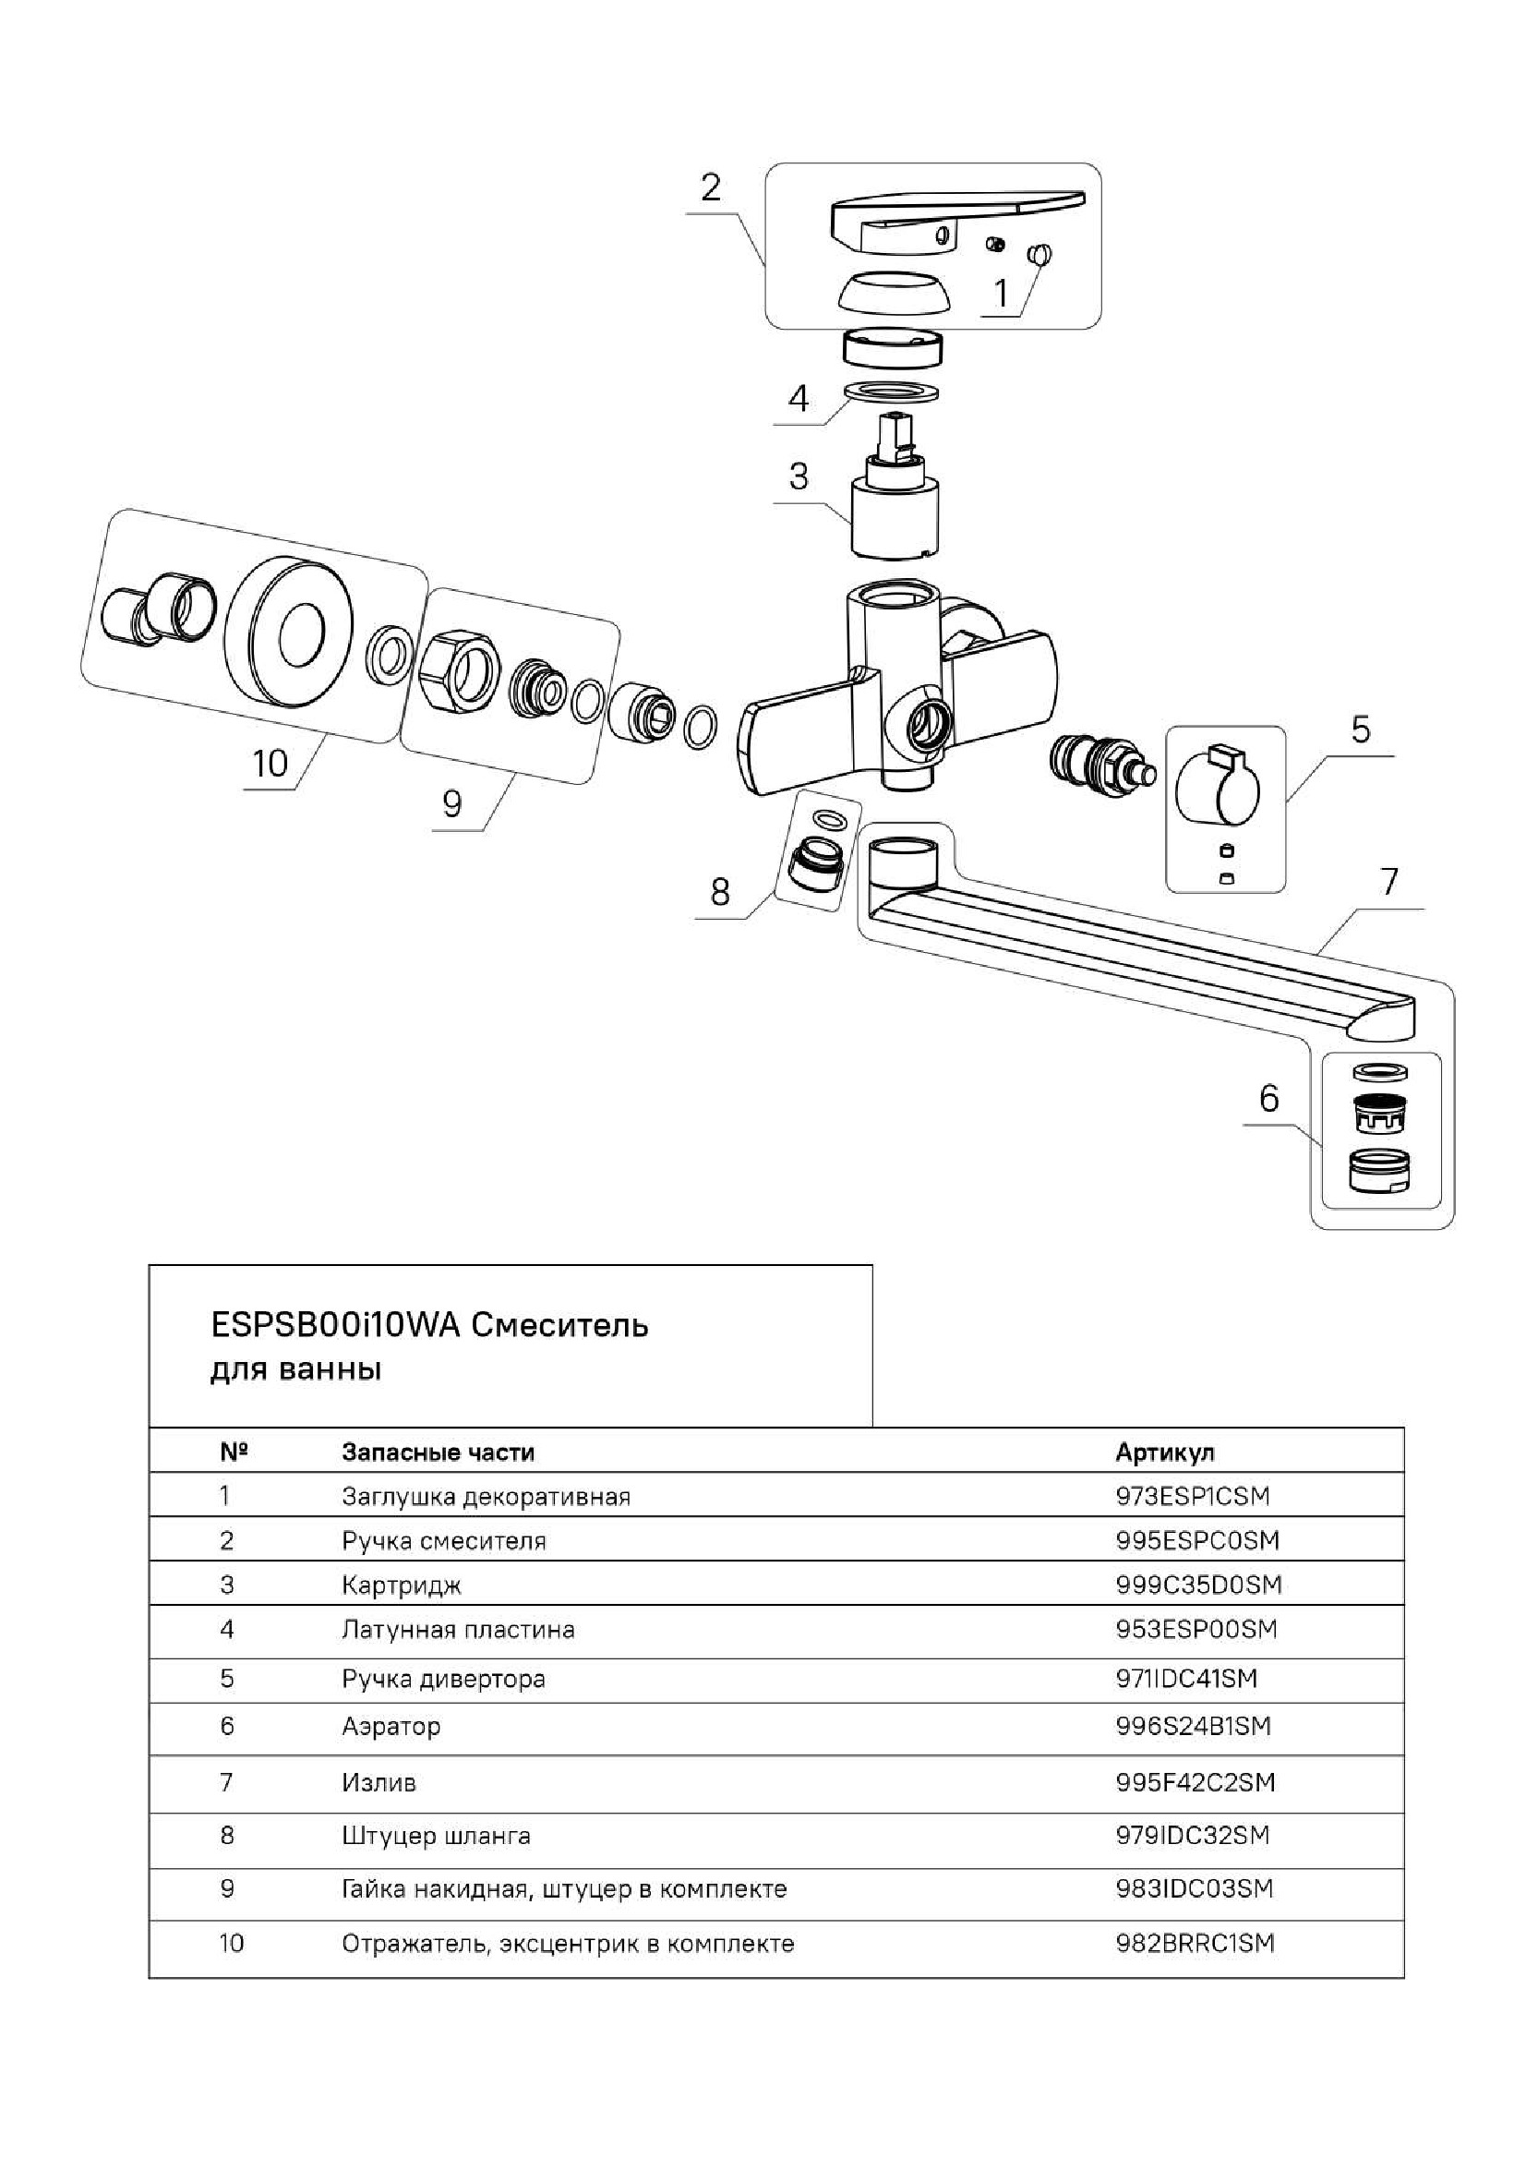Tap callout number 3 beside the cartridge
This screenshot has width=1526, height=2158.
[799, 476]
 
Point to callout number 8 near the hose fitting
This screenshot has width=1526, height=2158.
[720, 891]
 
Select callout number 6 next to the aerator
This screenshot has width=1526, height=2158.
[1268, 1097]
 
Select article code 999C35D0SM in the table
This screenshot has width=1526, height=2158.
[1198, 1585]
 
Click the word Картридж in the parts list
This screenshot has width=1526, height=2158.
[402, 1585]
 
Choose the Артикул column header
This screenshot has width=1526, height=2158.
[1164, 1453]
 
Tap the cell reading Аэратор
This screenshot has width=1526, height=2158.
[391, 1726]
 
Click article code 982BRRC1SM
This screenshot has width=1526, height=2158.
[1195, 1943]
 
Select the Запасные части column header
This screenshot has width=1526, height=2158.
[438, 1453]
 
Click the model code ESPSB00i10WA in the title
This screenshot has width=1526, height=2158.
[334, 1325]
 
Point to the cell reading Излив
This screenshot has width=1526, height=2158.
[378, 1782]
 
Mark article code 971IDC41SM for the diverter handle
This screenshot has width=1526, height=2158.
[1186, 1678]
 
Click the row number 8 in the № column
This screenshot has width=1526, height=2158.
[226, 1835]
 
